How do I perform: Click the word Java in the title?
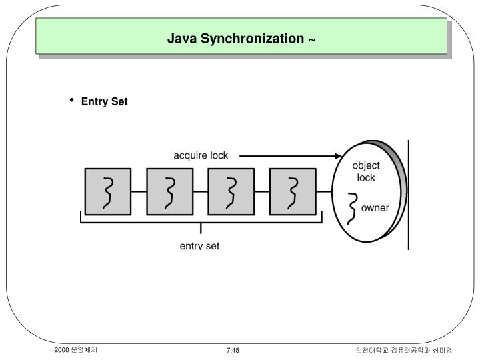[180, 39]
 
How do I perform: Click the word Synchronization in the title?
[249, 39]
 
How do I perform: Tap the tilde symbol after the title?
[312, 40]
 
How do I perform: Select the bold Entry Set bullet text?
[104, 101]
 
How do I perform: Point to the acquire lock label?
[201, 155]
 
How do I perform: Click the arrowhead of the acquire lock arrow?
[338, 157]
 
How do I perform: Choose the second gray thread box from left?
[169, 191]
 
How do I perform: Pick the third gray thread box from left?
[231, 191]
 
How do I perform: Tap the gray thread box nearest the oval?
[292, 191]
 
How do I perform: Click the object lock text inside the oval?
[366, 171]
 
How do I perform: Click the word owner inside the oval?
[375, 207]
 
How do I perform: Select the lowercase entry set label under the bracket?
[199, 245]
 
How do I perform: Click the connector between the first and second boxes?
[139, 191]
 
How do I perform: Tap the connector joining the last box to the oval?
[323, 191]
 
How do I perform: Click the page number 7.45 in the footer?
[233, 350]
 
